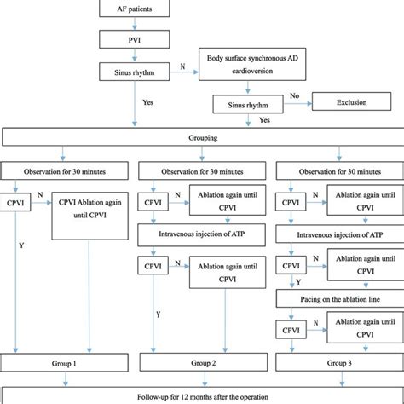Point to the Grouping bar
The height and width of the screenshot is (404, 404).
tap(202, 137)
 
